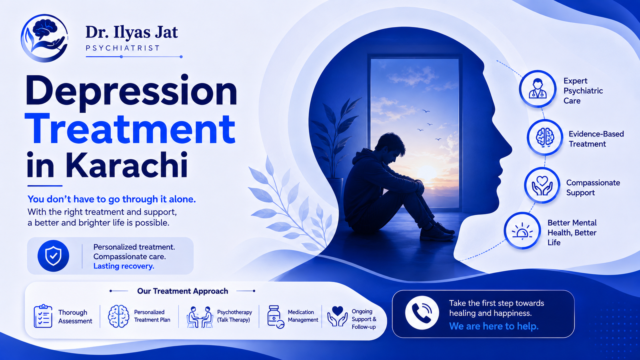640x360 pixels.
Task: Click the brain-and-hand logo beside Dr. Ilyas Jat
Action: tap(44, 38)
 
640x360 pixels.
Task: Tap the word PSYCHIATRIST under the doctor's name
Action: tap(122, 48)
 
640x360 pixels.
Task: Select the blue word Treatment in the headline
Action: tap(130, 129)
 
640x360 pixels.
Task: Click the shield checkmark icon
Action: tap(54, 256)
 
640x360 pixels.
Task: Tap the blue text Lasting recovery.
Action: tap(124, 266)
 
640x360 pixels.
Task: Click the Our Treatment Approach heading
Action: tap(182, 291)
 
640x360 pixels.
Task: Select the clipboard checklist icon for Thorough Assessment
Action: tap(43, 316)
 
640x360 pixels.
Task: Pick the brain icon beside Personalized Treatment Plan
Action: tap(118, 316)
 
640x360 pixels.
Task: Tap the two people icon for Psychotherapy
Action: tap(200, 317)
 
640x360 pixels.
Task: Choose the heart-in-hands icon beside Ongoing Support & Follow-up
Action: tap(338, 316)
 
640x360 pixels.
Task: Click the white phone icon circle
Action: tap(422, 312)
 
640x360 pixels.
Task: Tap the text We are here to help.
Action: tap(494, 326)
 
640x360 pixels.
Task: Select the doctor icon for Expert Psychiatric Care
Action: tap(538, 89)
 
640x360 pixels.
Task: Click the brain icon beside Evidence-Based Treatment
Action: tap(545, 138)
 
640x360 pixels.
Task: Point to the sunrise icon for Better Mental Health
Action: tap(522, 231)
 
